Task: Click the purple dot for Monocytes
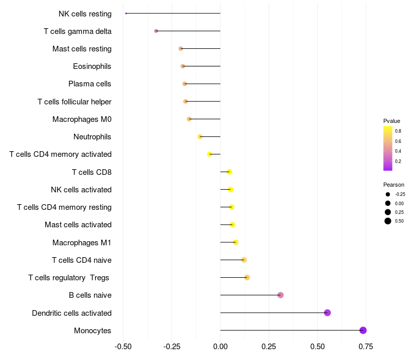pyautogui.click(x=363, y=330)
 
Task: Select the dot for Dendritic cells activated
pyautogui.click(x=327, y=313)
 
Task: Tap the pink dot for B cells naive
pyautogui.click(x=281, y=295)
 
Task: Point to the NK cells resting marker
pyautogui.click(x=126, y=13)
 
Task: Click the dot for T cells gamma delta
pyautogui.click(x=156, y=31)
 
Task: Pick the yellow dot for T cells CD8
pyautogui.click(x=229, y=172)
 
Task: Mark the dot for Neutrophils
pyautogui.click(x=200, y=137)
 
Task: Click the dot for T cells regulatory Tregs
pyautogui.click(x=247, y=278)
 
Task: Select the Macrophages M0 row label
pyautogui.click(x=82, y=119)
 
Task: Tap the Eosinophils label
pyautogui.click(x=92, y=66)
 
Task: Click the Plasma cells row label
pyautogui.click(x=90, y=84)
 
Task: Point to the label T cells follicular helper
pyautogui.click(x=74, y=102)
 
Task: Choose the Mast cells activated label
pyautogui.click(x=78, y=225)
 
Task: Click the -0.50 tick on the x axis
pyautogui.click(x=123, y=347)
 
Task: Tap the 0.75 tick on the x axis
pyautogui.click(x=366, y=347)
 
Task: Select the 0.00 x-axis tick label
pyautogui.click(x=220, y=347)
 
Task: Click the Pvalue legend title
pyautogui.click(x=391, y=121)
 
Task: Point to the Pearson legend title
pyautogui.click(x=394, y=185)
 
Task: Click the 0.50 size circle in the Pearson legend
pyautogui.click(x=387, y=221)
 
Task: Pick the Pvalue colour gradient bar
pyautogui.click(x=388, y=148)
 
